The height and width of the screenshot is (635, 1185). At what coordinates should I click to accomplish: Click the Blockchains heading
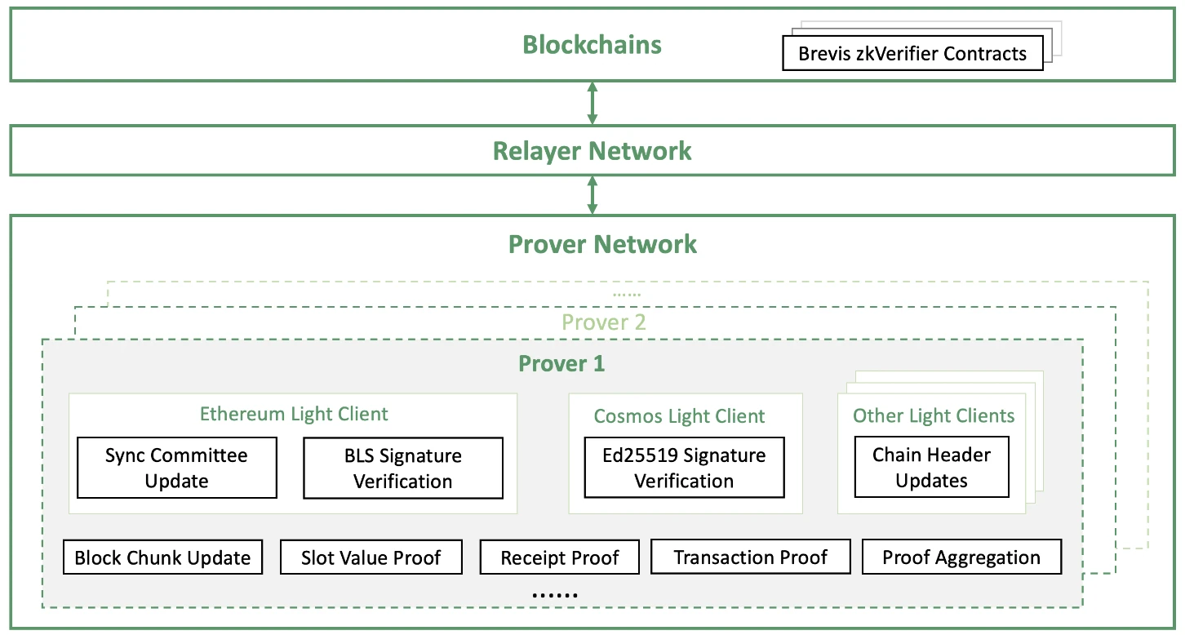pyautogui.click(x=592, y=44)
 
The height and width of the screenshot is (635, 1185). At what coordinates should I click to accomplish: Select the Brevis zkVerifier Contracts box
pyautogui.click(x=912, y=54)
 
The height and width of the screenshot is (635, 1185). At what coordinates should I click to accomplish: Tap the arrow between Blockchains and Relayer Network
pyautogui.click(x=592, y=103)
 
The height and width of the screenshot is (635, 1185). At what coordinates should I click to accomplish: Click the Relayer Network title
pyautogui.click(x=592, y=151)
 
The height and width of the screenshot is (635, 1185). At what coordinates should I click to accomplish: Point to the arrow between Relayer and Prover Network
pyautogui.click(x=592, y=195)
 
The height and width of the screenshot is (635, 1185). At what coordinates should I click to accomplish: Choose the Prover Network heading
pyautogui.click(x=602, y=244)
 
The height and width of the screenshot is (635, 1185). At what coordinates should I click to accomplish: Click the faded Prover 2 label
pyautogui.click(x=604, y=322)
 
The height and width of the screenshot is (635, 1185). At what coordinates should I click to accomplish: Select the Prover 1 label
pyautogui.click(x=561, y=363)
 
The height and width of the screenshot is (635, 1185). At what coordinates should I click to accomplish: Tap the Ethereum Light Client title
pyautogui.click(x=294, y=414)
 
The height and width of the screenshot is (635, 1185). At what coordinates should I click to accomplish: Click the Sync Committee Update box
pyautogui.click(x=176, y=468)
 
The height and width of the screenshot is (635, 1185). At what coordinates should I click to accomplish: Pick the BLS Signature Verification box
pyautogui.click(x=402, y=468)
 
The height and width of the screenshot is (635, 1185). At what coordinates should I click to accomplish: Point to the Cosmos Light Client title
pyautogui.click(x=679, y=416)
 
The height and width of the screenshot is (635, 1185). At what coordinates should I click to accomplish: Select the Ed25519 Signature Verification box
pyautogui.click(x=684, y=468)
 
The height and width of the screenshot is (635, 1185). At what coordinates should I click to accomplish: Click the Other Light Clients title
pyautogui.click(x=933, y=416)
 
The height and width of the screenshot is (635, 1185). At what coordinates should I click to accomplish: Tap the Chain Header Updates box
pyautogui.click(x=931, y=468)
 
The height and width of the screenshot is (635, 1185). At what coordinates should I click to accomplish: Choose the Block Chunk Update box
pyautogui.click(x=162, y=558)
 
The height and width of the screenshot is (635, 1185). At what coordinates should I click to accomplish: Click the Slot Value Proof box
pyautogui.click(x=371, y=558)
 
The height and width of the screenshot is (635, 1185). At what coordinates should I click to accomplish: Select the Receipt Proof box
pyautogui.click(x=560, y=558)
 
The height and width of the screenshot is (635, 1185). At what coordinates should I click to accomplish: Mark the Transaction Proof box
pyautogui.click(x=750, y=557)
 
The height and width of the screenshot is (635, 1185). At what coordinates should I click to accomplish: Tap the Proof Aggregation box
pyautogui.click(x=961, y=558)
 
